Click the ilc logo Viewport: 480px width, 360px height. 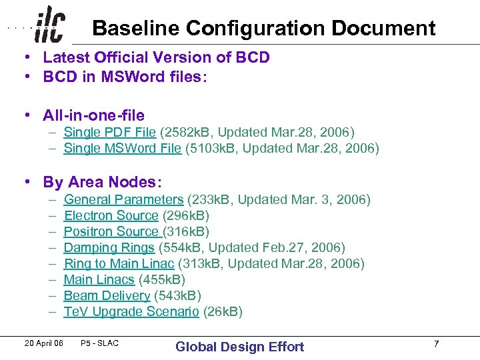click(50, 25)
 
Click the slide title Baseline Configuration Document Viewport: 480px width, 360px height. click(263, 29)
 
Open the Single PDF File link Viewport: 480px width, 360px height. click(109, 132)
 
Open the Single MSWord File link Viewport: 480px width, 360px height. click(122, 148)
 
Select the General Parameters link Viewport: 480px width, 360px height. click(123, 199)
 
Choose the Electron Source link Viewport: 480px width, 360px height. click(111, 215)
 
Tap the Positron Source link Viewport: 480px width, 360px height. click(112, 231)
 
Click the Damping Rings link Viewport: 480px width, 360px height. click(109, 247)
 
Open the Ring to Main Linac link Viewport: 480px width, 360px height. click(119, 263)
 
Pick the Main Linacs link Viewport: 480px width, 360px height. click(99, 279)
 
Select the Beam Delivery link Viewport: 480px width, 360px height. click(107, 295)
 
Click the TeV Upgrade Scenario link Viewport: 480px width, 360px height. click(131, 311)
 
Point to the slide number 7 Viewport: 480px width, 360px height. click(436, 344)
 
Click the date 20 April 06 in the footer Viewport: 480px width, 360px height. click(44, 343)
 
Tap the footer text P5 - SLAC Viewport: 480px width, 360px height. click(99, 343)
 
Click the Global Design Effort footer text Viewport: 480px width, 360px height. click(239, 347)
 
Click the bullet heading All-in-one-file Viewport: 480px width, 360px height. click(93, 115)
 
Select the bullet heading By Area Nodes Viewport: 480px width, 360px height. click(103, 182)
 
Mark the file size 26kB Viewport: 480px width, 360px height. click(223, 311)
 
